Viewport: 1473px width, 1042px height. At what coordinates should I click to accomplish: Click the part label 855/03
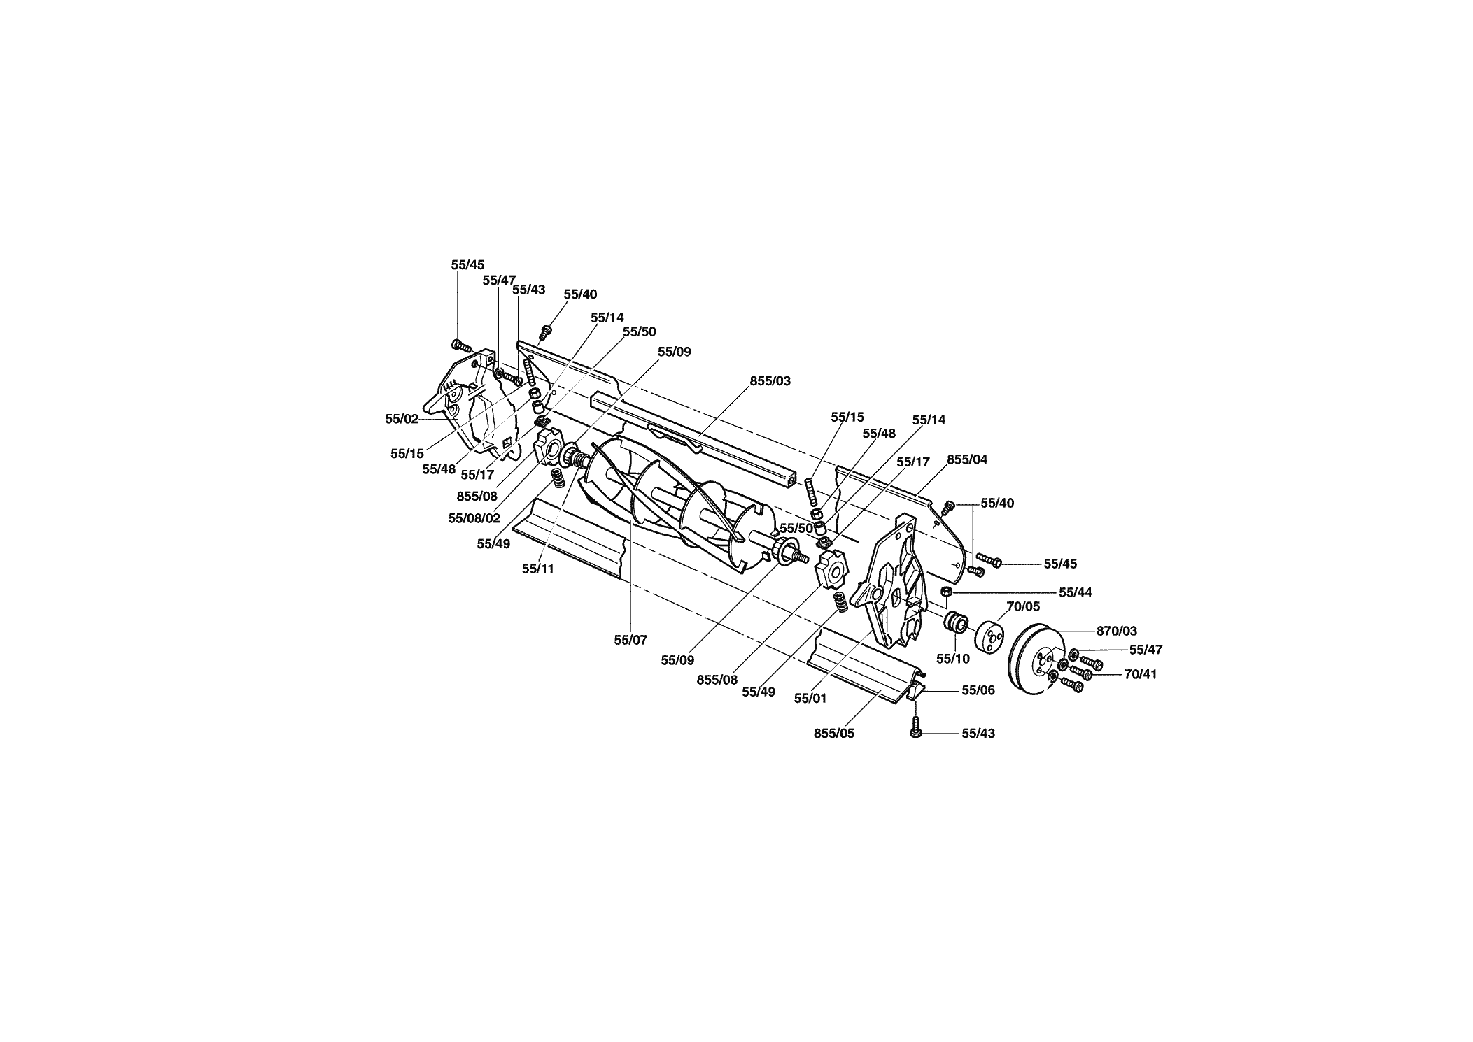click(x=770, y=381)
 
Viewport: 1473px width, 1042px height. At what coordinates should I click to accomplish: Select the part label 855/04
click(x=967, y=459)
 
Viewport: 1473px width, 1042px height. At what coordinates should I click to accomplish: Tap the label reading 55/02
click(x=402, y=419)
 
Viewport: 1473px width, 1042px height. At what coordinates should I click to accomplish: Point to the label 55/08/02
click(x=474, y=518)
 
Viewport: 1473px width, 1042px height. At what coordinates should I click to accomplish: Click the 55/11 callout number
click(x=537, y=569)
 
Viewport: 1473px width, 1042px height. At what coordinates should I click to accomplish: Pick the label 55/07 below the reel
click(x=630, y=639)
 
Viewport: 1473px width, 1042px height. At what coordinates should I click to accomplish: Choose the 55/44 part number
click(x=1076, y=593)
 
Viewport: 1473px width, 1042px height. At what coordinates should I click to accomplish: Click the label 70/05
click(x=1023, y=606)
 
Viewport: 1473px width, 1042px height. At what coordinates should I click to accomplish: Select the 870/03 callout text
click(x=1117, y=631)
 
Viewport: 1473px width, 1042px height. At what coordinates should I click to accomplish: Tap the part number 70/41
click(x=1141, y=675)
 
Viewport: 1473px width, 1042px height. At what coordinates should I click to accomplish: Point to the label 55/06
click(x=978, y=690)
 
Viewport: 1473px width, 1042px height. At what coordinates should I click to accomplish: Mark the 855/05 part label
click(x=834, y=734)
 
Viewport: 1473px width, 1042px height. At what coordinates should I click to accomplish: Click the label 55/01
click(x=810, y=698)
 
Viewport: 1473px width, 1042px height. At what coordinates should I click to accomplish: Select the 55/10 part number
click(x=953, y=659)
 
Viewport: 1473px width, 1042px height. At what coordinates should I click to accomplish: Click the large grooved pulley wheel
click(x=1034, y=662)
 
